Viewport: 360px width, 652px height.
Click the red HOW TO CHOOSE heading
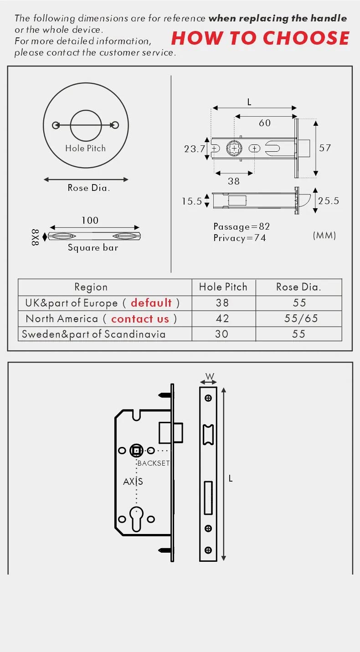260,38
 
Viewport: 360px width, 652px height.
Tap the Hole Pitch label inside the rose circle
85,148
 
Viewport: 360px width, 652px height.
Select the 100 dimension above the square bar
90,221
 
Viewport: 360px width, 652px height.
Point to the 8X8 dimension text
36,237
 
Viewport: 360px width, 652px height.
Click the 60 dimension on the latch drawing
264,123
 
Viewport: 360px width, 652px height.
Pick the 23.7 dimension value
195,149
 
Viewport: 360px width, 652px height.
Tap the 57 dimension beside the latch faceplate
325,148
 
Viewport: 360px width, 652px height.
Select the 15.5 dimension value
192,201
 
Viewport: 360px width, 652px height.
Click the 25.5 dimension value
329,201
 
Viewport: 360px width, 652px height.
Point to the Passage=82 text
242,226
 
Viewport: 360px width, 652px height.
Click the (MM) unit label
324,235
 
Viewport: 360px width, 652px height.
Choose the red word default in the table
151,303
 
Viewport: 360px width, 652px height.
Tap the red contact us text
140,319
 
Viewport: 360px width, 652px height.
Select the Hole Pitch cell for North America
222,318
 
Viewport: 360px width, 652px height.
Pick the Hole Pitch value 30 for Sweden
221,334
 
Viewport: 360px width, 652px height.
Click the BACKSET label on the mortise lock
153,463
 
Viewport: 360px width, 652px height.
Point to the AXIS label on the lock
133,481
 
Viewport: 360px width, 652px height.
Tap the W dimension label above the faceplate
209,376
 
